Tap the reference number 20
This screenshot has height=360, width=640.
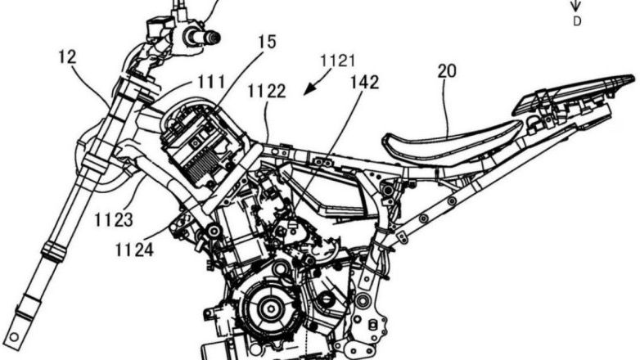pyautogui.click(x=447, y=71)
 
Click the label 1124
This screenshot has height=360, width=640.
pyautogui.click(x=133, y=250)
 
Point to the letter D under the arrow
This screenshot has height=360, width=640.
pyautogui.click(x=576, y=22)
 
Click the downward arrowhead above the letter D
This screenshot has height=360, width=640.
pyautogui.click(x=576, y=7)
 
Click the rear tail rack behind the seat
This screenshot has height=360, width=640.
pyautogui.click(x=573, y=95)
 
